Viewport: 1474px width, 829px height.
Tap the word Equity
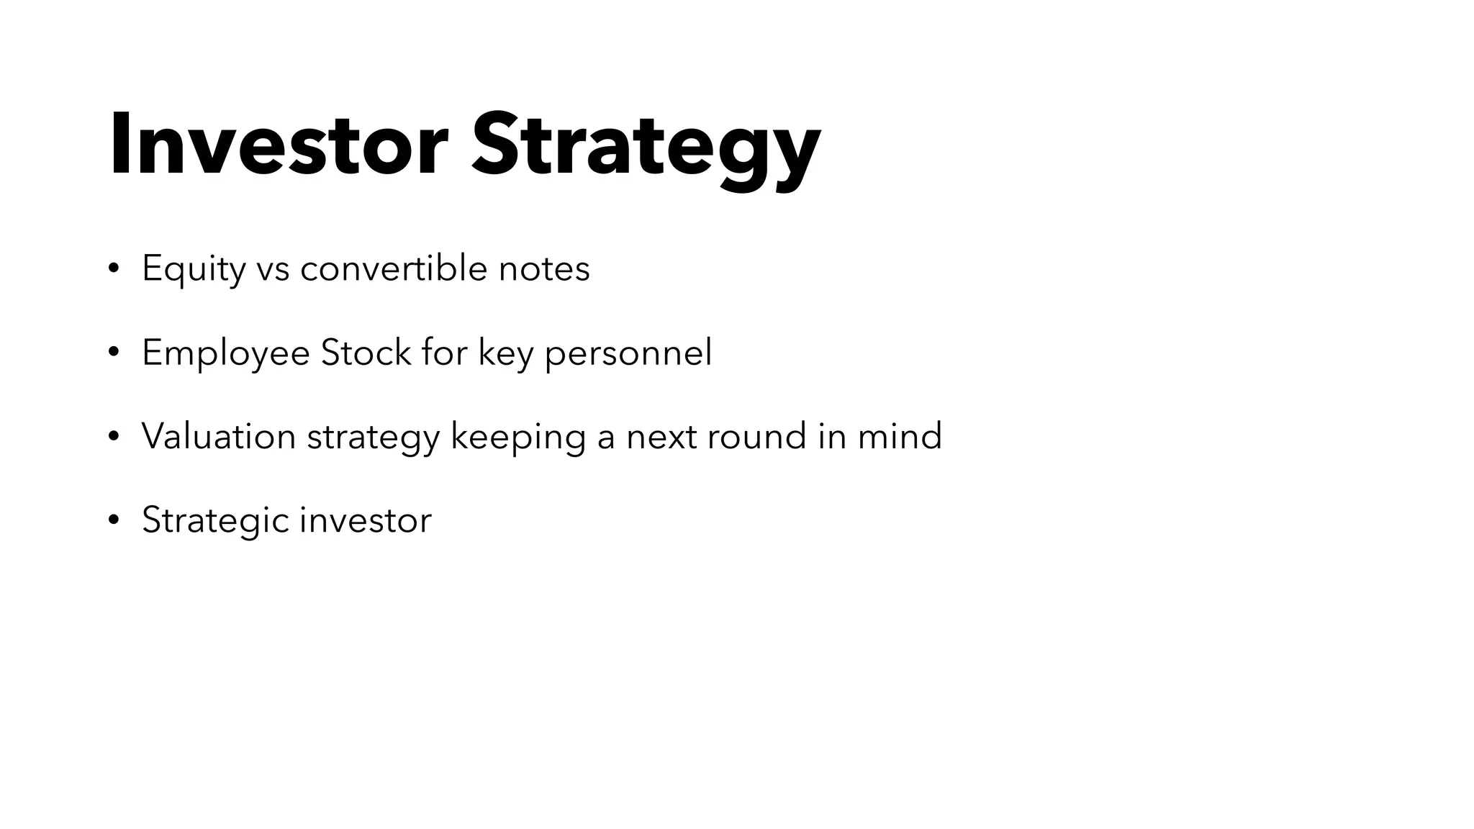click(x=194, y=269)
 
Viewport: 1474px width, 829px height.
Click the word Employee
click(x=225, y=353)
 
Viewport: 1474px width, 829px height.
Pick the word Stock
click(x=366, y=353)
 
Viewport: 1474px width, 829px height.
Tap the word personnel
click(x=628, y=353)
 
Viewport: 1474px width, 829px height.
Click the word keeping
click(x=517, y=437)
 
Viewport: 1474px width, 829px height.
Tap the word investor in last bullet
click(x=366, y=520)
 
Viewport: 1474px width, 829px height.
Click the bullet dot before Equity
click(x=113, y=269)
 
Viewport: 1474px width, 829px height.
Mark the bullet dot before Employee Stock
click(x=113, y=353)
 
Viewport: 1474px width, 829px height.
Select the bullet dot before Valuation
click(x=113, y=437)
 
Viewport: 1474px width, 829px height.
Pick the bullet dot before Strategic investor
click(x=113, y=520)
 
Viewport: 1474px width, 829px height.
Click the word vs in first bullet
click(x=273, y=269)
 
